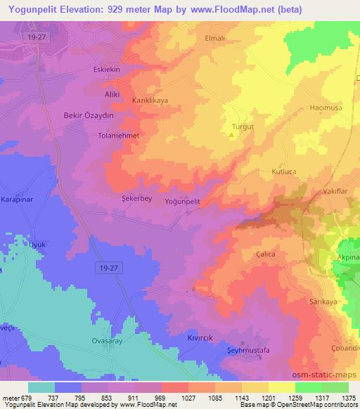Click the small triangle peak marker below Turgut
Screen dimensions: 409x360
click(231, 135)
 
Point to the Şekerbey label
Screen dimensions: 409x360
click(137, 198)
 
